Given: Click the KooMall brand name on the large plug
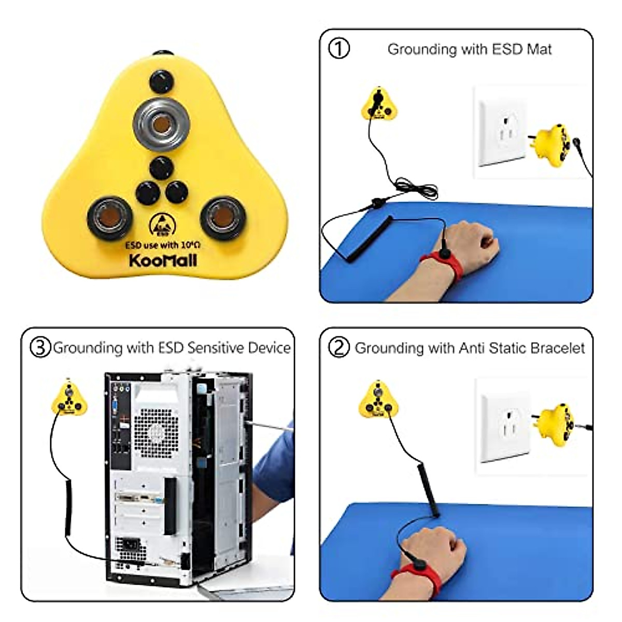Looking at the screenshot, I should click(x=163, y=260).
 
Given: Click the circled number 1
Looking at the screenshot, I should click(x=339, y=49).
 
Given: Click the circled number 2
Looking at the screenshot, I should click(x=339, y=347).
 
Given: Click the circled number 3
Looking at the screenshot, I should click(x=40, y=347).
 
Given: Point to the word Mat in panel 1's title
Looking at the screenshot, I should click(x=539, y=49).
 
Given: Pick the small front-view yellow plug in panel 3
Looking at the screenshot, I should click(x=68, y=399).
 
